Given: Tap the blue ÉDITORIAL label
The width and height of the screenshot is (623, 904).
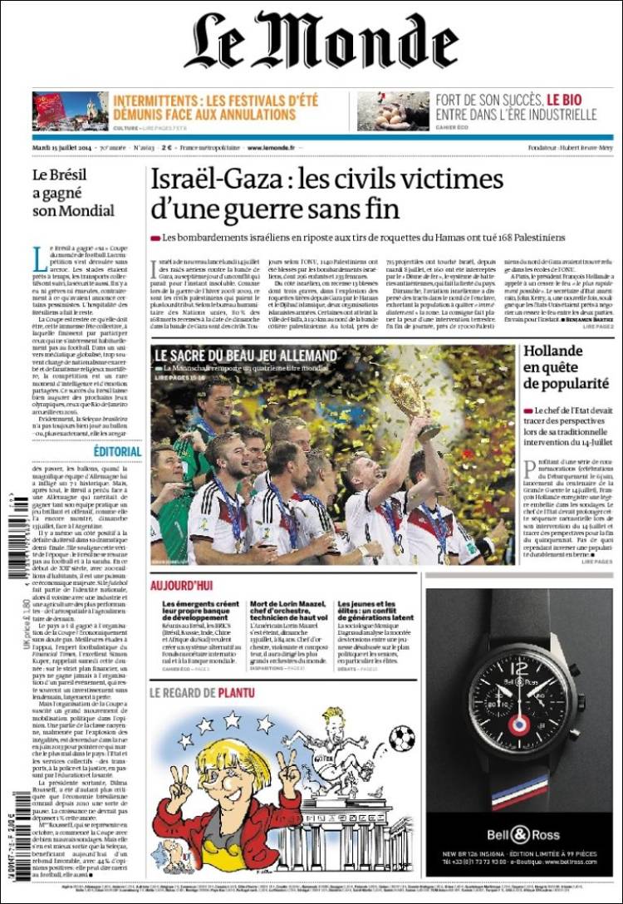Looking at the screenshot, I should [117, 451].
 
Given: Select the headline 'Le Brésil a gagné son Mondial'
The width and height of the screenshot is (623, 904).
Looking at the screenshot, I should [73, 192].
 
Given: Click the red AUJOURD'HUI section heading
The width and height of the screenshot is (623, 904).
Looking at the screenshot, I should [183, 585].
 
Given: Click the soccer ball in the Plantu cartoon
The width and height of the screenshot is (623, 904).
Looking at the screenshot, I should [402, 738].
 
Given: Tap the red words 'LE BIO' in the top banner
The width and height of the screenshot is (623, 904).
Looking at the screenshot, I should [564, 99].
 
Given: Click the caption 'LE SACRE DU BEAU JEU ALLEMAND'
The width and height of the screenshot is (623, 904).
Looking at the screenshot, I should [247, 356].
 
